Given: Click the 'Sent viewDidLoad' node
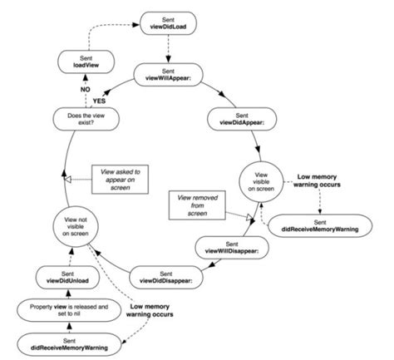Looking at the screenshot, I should pos(169,22).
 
